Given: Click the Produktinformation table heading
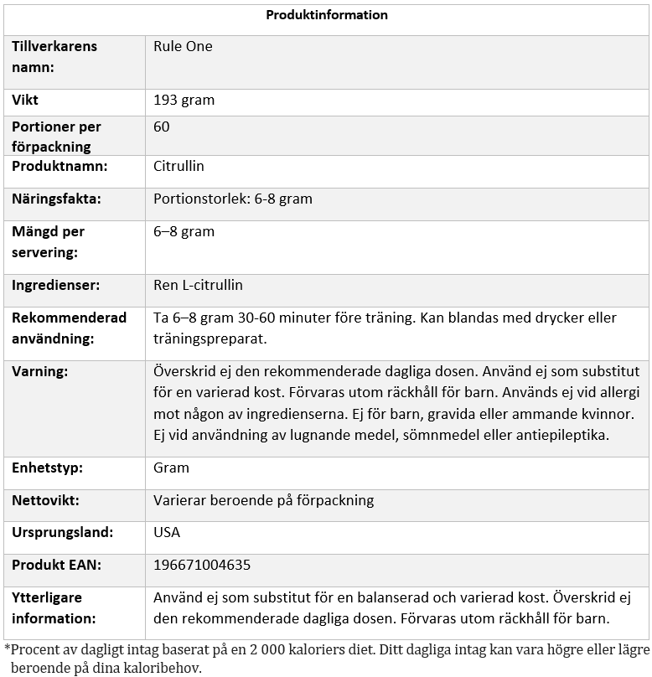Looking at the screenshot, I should click(327, 15).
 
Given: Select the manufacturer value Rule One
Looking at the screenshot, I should click(183, 46).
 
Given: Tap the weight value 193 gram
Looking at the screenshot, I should click(184, 100).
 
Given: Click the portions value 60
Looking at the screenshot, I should click(162, 127).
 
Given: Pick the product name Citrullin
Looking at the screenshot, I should click(178, 166).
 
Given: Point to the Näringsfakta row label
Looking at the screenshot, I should click(56, 199).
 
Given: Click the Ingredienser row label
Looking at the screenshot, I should click(55, 285).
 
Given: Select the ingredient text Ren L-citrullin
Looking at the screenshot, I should click(198, 285).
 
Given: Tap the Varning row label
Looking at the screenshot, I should click(40, 370).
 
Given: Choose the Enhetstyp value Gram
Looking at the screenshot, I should click(171, 468).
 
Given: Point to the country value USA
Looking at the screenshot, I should click(167, 532).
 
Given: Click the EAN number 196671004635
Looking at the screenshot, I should click(202, 565).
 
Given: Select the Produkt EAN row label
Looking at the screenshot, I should click(56, 565).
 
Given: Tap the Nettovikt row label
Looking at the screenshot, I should click(45, 500).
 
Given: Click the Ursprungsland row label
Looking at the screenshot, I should click(62, 532).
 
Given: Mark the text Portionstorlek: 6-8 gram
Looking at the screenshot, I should click(233, 199).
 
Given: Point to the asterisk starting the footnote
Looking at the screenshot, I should click(8, 649).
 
